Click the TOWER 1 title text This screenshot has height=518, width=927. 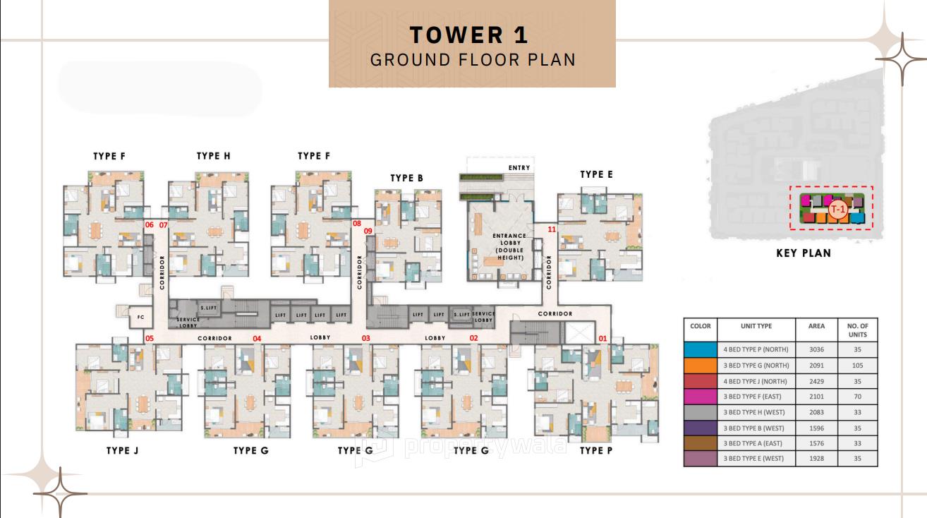pyautogui.click(x=469, y=35)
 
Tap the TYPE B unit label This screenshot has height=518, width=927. pyautogui.click(x=407, y=178)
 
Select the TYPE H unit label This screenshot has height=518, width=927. pyautogui.click(x=213, y=156)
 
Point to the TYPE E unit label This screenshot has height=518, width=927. pyautogui.click(x=596, y=174)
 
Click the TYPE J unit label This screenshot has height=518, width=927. pyautogui.click(x=122, y=450)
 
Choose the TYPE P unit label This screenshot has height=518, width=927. pyautogui.click(x=596, y=450)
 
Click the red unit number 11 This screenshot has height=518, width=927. pyautogui.click(x=552, y=229)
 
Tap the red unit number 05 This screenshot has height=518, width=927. pyautogui.click(x=150, y=339)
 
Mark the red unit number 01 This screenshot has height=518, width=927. pyautogui.click(x=602, y=339)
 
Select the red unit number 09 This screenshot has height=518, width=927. pyautogui.click(x=368, y=231)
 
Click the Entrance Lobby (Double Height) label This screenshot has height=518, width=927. pyautogui.click(x=509, y=247)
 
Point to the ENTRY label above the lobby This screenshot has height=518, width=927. pyautogui.click(x=519, y=167)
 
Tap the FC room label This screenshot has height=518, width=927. pyautogui.click(x=140, y=318)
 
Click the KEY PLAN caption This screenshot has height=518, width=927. pyautogui.click(x=804, y=253)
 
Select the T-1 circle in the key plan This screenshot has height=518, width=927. pyautogui.click(x=837, y=209)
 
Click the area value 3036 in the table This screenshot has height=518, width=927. pyautogui.click(x=816, y=349)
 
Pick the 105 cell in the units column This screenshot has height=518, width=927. pyautogui.click(x=858, y=366)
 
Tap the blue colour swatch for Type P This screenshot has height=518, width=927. pyautogui.click(x=701, y=349)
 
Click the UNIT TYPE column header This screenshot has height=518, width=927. pyautogui.click(x=756, y=326)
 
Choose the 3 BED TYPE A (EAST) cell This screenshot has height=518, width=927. pyautogui.click(x=756, y=443)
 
